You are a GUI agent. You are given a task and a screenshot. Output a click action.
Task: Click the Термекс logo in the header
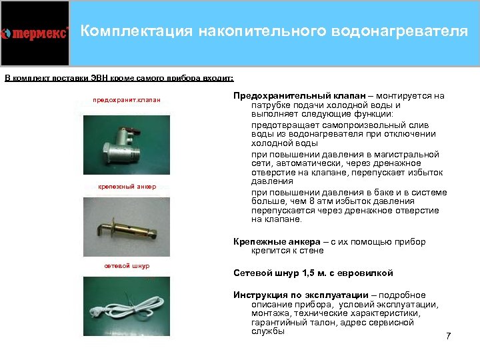pyautogui.click(x=35, y=33)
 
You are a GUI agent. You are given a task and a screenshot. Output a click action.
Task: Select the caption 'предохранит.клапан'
pyautogui.click(x=126, y=100)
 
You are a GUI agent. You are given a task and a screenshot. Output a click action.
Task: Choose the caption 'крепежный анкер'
pyautogui.click(x=126, y=187)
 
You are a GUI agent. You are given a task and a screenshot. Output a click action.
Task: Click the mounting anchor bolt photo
pyautogui.click(x=125, y=227)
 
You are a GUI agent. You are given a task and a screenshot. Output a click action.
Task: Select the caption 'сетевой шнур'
pyautogui.click(x=127, y=266)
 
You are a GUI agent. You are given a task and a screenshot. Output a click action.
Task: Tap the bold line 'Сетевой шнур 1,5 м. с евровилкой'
pyautogui.click(x=313, y=273)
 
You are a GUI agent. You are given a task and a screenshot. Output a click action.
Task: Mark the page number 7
pyautogui.click(x=448, y=336)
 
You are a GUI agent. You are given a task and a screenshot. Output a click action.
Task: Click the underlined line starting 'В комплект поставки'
pyautogui.click(x=119, y=78)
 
